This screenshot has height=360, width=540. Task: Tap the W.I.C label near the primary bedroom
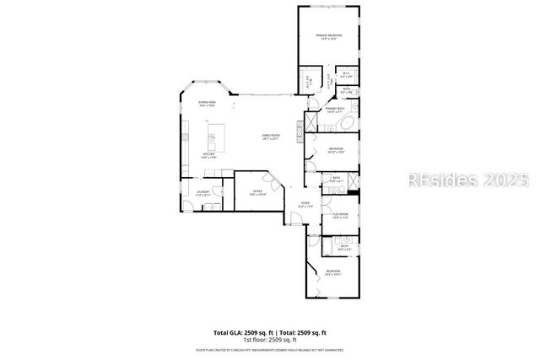346,74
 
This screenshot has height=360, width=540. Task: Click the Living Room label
270,137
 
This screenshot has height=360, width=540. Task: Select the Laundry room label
202,193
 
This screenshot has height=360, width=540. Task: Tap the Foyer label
305,205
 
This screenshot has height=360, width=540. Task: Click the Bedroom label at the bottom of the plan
332,271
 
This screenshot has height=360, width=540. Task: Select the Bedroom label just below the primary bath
335,150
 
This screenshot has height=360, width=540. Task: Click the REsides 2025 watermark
468,180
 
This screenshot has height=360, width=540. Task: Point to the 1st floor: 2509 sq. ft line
269,339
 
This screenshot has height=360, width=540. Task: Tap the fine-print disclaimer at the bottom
269,348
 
